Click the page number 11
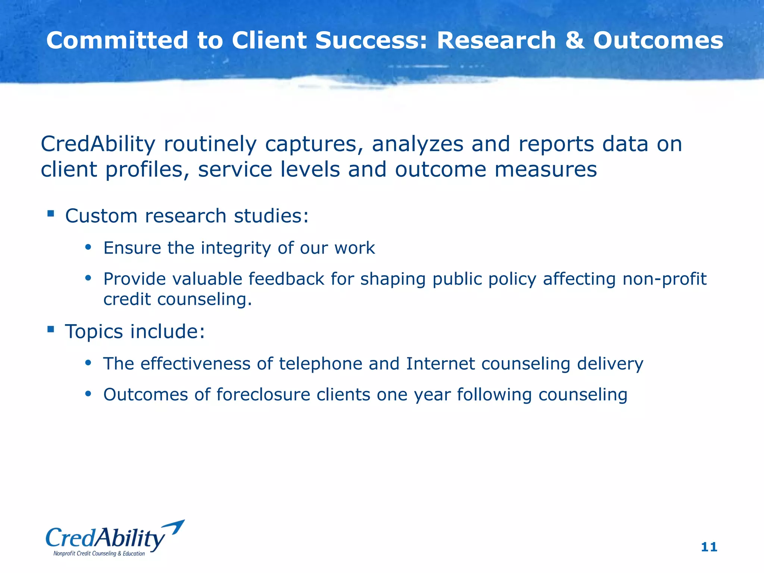click(x=709, y=547)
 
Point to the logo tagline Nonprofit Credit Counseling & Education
click(x=99, y=554)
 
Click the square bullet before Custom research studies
click(x=51, y=214)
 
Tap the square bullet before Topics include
click(x=51, y=329)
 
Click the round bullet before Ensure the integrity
click(x=88, y=247)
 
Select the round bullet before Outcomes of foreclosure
click(x=88, y=394)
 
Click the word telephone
click(x=320, y=364)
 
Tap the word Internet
click(x=440, y=364)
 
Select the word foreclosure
click(x=263, y=395)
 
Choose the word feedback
click(x=286, y=279)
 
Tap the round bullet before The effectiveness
click(x=88, y=363)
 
